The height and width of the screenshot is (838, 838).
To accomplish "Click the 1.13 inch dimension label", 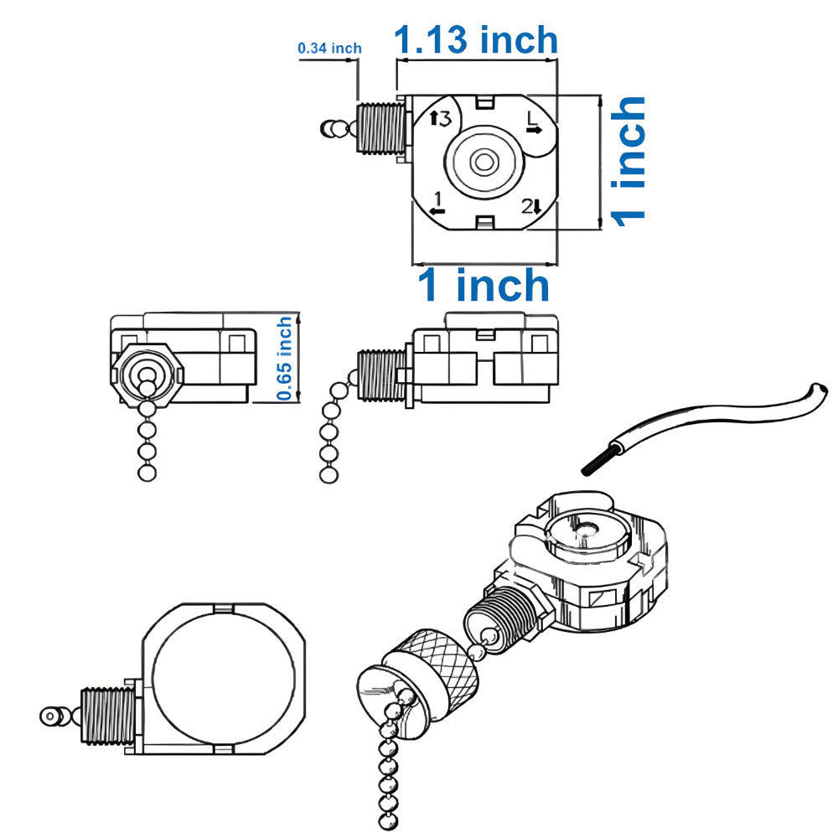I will pos(475,39).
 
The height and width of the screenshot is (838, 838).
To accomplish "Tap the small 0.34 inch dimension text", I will pos(329,49).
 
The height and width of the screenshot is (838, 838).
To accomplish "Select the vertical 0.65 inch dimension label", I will pos(285,358).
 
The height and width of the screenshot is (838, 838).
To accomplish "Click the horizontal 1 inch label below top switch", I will pos(484,286).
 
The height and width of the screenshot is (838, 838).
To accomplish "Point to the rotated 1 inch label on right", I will pos(628,159).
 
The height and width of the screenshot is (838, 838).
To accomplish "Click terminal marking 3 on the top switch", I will pos(440,119).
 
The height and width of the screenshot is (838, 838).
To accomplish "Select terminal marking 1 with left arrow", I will pos(437,203).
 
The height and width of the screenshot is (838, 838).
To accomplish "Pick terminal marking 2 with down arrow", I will pos(531,205).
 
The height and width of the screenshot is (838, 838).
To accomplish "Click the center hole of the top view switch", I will pos(484,162).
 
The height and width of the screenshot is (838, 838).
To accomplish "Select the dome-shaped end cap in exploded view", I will pos(382,695).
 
